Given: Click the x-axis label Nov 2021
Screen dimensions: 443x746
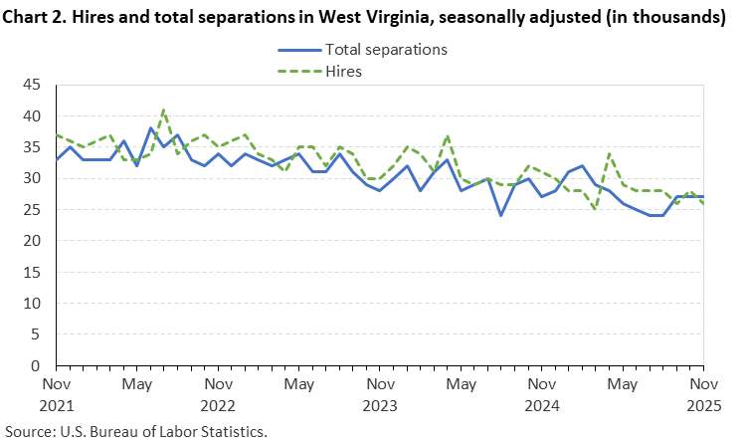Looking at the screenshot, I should click(57, 394).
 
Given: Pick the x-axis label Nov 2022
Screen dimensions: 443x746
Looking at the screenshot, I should click(218, 394).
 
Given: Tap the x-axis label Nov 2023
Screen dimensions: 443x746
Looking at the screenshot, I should click(380, 394).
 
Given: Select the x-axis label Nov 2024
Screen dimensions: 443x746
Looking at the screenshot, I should click(541, 394).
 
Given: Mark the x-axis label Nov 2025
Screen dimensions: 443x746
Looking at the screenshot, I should click(703, 394).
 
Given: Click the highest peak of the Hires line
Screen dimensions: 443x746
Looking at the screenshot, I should click(164, 111).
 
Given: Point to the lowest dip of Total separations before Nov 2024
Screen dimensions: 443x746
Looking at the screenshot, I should click(501, 216).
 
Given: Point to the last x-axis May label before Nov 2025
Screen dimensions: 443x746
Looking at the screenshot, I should click(623, 383).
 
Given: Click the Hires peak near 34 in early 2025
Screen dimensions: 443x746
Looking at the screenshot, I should click(609, 154).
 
